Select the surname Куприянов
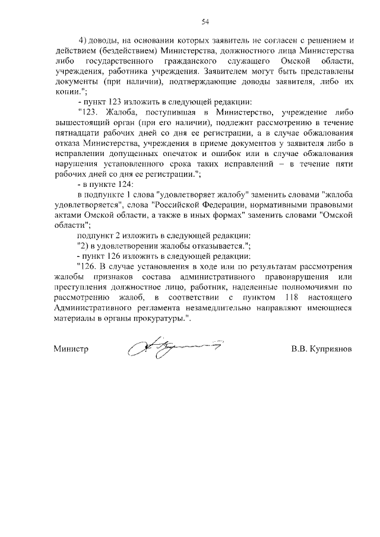pos(329,349)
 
